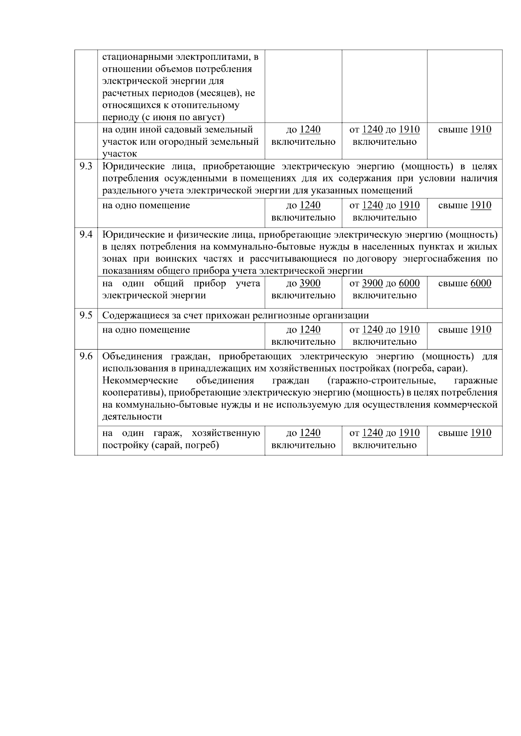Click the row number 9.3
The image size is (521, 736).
click(x=86, y=167)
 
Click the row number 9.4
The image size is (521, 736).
click(x=86, y=235)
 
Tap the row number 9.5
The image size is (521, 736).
click(x=86, y=315)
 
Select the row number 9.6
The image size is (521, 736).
click(x=86, y=357)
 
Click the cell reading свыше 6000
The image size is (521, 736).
click(x=465, y=284)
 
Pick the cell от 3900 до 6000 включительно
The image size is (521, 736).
click(x=384, y=289)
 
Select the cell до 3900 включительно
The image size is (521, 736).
click(x=303, y=289)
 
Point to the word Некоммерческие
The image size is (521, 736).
click(x=140, y=381)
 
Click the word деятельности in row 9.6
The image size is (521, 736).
click(x=132, y=417)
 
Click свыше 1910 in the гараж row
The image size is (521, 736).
click(x=465, y=433)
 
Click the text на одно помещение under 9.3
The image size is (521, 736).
click(x=146, y=206)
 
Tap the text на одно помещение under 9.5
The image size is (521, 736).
click(x=146, y=330)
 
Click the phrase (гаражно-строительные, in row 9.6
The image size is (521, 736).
click(x=382, y=381)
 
